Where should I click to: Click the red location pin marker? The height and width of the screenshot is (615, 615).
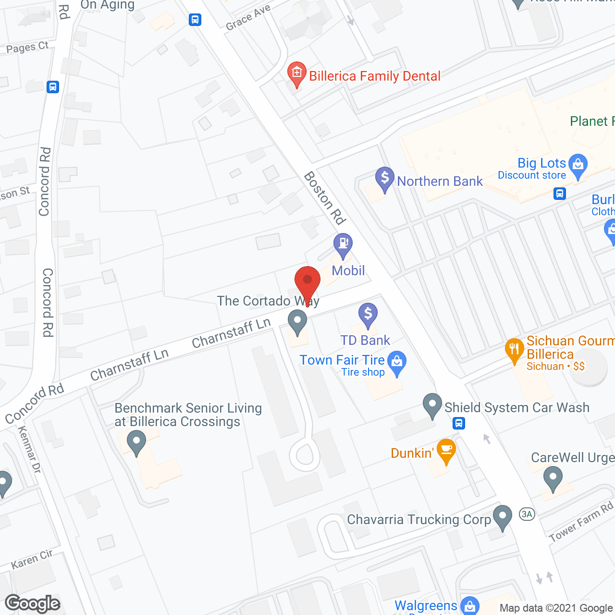point(307,281)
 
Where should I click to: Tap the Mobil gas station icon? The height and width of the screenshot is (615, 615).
point(343,244)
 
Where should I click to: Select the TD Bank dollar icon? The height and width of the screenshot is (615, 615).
point(368,314)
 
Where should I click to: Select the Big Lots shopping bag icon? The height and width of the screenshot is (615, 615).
point(578,165)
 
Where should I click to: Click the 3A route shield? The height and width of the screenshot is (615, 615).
point(527,514)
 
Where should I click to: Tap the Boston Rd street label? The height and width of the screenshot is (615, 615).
point(325,198)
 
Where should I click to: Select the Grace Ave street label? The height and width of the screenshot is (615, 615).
point(248,18)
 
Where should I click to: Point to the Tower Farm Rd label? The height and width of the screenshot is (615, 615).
point(581,521)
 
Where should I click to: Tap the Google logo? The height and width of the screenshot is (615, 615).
point(33,603)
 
